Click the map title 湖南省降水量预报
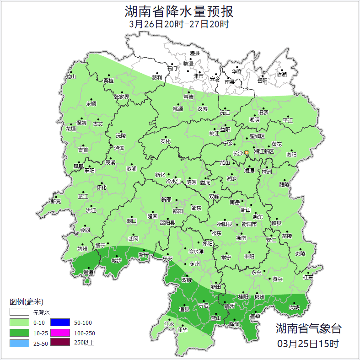point(179,11)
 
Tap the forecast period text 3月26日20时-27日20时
point(179,24)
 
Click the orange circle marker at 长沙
point(247,152)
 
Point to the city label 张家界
point(122,97)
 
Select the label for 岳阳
point(262,81)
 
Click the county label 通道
point(88,272)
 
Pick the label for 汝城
point(294,307)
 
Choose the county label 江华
point(183,329)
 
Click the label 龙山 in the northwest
point(70,76)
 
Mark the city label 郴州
point(259,297)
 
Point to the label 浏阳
point(291,155)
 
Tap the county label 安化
point(165,141)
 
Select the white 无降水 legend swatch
point(19,312)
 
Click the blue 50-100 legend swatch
point(59,322)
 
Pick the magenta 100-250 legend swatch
point(59,333)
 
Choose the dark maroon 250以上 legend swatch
point(59,342)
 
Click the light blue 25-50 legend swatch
point(19,343)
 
